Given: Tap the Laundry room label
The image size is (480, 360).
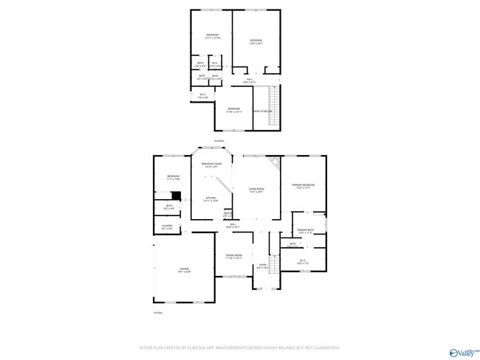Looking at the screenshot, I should pos(167,227).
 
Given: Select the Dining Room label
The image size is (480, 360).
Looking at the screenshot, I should pos(233,257).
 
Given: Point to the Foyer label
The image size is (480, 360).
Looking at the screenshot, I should pos(261,266).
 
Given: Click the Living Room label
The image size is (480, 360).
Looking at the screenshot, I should pos(256,191).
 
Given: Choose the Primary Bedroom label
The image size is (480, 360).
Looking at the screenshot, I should pos(303,186).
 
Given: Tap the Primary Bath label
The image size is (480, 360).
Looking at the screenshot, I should pos(306,232).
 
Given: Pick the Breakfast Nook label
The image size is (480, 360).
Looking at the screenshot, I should pos(212,165).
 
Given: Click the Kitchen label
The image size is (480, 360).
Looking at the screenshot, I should pos(210,199).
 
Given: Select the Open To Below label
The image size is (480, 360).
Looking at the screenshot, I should pos(263,111).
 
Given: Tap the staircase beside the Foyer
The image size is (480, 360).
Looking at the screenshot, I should pos(274,264).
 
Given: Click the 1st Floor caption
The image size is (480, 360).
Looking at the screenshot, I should pos(157,312).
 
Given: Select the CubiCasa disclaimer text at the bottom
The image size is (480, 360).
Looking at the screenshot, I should pos(239,347).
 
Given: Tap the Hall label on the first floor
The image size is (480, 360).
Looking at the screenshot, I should pos(231,226).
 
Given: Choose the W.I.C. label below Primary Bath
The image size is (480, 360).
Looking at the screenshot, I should pos(303,262).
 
